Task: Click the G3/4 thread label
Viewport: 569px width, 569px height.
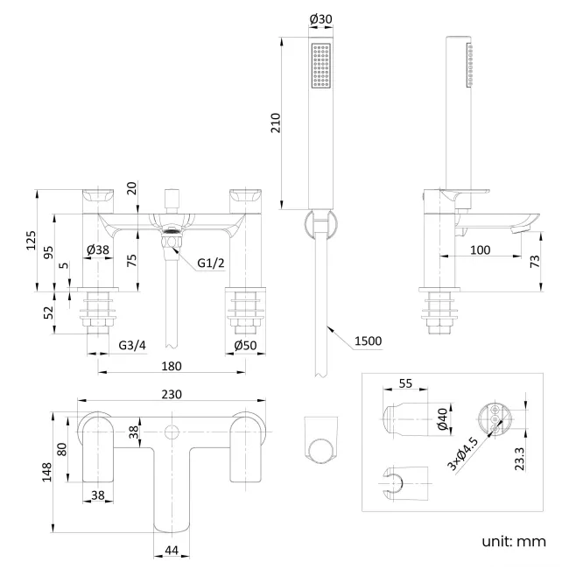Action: tap(132, 346)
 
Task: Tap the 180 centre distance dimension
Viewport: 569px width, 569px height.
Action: tap(172, 367)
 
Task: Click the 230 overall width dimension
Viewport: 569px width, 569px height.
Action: tap(172, 395)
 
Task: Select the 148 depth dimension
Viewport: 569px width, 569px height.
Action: tap(50, 473)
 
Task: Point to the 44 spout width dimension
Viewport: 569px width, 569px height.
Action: tap(172, 550)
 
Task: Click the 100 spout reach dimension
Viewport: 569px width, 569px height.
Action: tap(480, 250)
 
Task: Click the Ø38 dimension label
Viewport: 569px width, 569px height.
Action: tap(98, 250)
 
